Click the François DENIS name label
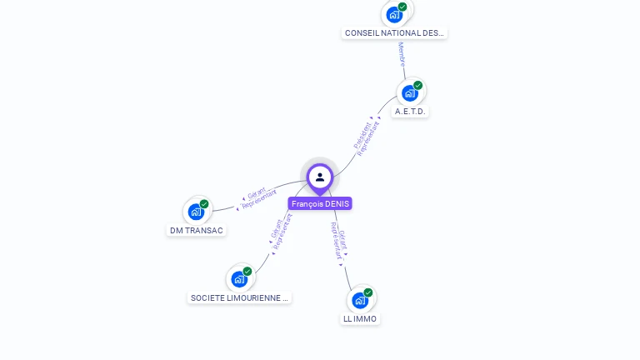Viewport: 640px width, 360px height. (320, 203)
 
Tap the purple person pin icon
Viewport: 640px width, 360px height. (320, 177)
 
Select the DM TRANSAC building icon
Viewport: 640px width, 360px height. (196, 212)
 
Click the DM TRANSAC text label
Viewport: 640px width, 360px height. (197, 231)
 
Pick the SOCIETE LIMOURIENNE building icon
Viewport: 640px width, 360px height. (239, 278)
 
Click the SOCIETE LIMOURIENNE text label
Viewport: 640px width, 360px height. (239, 297)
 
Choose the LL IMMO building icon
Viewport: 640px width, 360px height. (360, 300)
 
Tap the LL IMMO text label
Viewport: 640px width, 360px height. (360, 319)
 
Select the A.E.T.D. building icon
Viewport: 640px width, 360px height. (409, 92)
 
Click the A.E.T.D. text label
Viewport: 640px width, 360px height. (411, 111)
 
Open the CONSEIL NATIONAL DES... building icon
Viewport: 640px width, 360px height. (394, 14)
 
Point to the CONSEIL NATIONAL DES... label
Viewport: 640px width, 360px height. (394, 33)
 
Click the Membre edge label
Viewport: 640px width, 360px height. (402, 55)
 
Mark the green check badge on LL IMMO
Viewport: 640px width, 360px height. (368, 292)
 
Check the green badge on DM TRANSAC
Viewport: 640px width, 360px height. (204, 204)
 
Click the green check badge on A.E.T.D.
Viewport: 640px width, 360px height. (417, 85)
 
